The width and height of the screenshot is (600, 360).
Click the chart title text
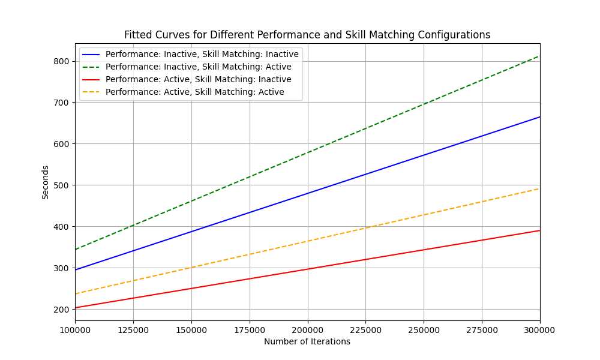click(307, 35)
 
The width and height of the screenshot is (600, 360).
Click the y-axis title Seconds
click(46, 182)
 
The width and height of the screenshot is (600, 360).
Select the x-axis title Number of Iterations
click(307, 342)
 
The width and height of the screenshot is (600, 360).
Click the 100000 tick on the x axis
click(75, 330)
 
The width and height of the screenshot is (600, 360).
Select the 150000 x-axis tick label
click(191, 330)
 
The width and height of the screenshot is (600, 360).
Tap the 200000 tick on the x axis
click(308, 330)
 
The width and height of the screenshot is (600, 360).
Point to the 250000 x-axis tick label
click(424, 330)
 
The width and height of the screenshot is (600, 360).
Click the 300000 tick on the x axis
click(539, 330)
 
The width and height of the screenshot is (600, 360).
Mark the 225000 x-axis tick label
click(365, 330)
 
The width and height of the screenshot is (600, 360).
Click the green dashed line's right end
click(539, 56)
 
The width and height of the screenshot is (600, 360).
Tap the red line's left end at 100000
click(76, 308)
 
